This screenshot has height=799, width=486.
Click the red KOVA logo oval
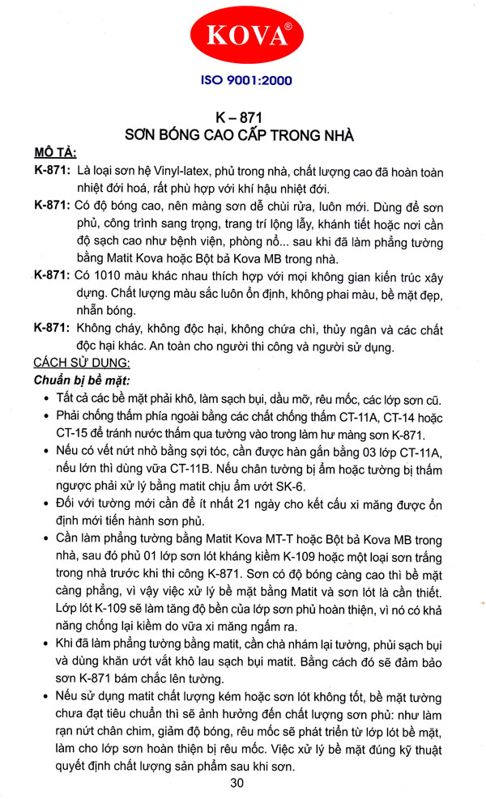(242, 37)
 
